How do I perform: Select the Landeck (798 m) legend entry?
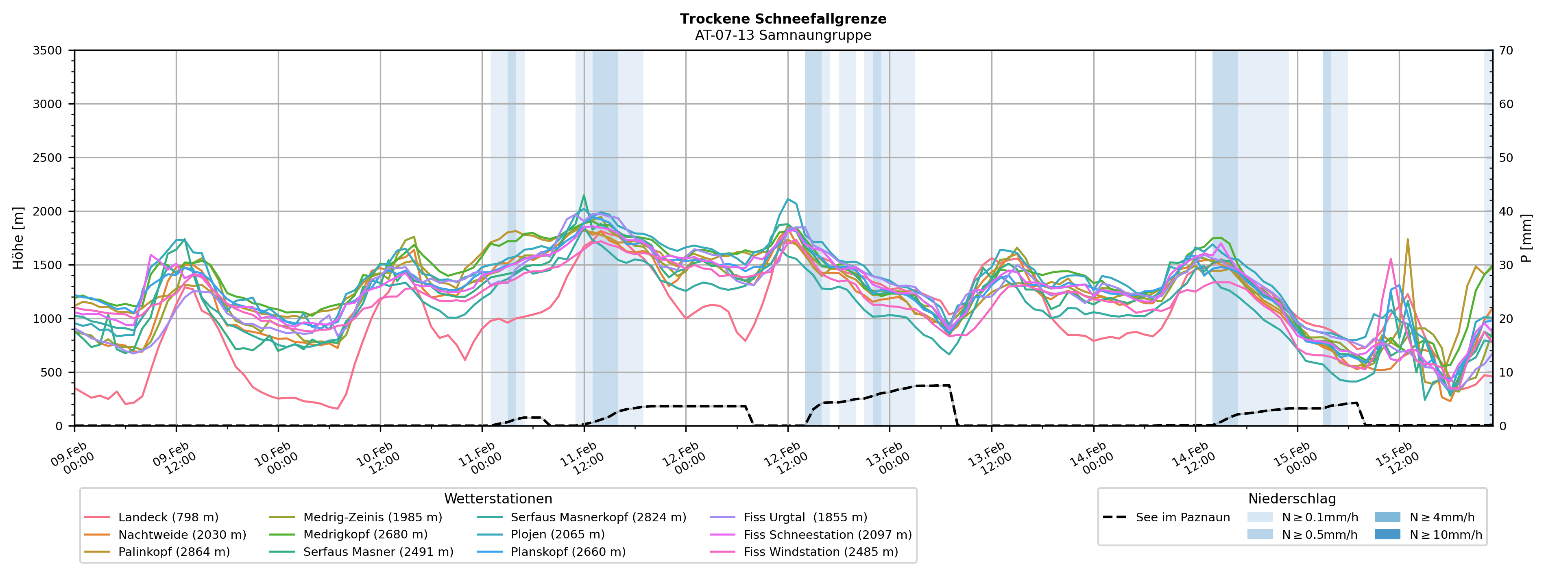pyautogui.click(x=168, y=517)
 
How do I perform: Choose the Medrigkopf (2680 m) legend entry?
pyautogui.click(x=365, y=534)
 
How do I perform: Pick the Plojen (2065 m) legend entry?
pyautogui.click(x=557, y=534)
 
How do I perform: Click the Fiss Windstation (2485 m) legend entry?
pyautogui.click(x=820, y=551)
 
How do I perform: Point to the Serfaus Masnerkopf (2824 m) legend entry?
pyautogui.click(x=598, y=517)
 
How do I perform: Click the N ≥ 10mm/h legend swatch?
pyautogui.click(x=1387, y=534)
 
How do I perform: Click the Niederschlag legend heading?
pyautogui.click(x=1291, y=499)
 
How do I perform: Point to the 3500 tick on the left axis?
pyautogui.click(x=48, y=50)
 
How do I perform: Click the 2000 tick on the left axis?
pyautogui.click(x=48, y=211)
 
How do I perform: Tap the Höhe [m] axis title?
pyautogui.click(x=19, y=237)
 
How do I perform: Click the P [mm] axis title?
pyautogui.click(x=1527, y=237)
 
